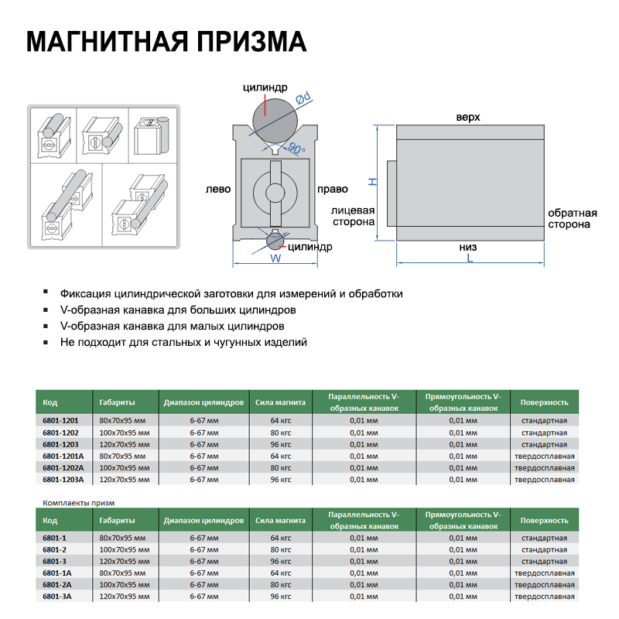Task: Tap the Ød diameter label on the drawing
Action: tap(305, 98)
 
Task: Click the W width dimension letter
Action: tap(275, 259)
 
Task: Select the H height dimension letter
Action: tap(371, 181)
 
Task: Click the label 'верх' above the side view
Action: tap(468, 117)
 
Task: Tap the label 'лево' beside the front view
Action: tap(218, 189)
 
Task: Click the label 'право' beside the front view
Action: tap(330, 189)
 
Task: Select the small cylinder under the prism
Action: tap(275, 241)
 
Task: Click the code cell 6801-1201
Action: tap(60, 420)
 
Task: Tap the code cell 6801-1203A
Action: tap(63, 479)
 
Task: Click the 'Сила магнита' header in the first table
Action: tap(281, 402)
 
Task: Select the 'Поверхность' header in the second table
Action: tap(544, 521)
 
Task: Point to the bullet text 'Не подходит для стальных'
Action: tap(183, 341)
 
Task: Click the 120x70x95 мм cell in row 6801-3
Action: tap(125, 561)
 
